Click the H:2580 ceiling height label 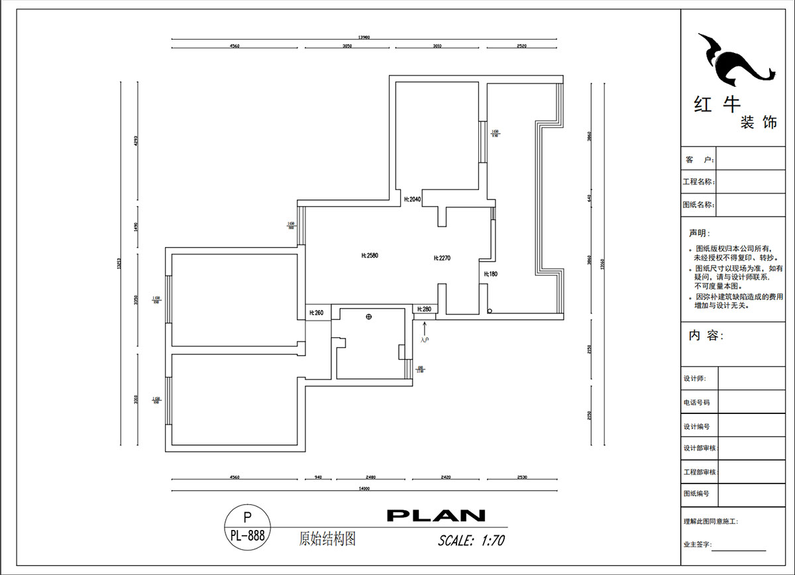(369, 254)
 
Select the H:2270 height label (442, 258)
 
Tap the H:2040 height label (413, 199)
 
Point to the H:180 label (490, 274)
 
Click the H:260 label (316, 313)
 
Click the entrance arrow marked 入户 (425, 329)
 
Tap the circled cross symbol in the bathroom (369, 317)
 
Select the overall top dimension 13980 (364, 38)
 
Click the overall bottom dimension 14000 (364, 488)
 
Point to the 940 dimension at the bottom (318, 477)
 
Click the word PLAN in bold (436, 515)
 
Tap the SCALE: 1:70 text (472, 541)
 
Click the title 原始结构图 (327, 539)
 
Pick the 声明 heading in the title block (698, 233)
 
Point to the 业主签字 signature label (698, 545)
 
